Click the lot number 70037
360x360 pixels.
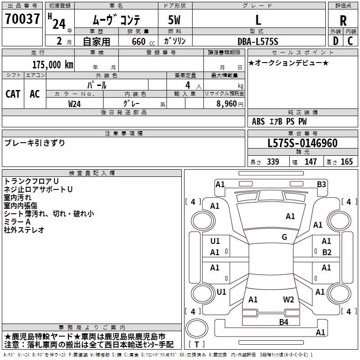pos(22,19)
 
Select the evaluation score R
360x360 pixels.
pos(343,20)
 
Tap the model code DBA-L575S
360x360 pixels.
pos(258,41)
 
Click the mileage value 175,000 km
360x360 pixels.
pos(53,64)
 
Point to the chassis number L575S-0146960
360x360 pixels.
pos(302,143)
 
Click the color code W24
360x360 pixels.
pos(75,103)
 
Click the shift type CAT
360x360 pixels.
pos(13,94)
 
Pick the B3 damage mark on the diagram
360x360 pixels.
pos(321,184)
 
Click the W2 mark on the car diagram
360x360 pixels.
pos(288,299)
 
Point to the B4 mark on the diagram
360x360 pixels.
pos(283,322)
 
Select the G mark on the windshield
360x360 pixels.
pos(284,237)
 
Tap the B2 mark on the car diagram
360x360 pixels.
pos(327,252)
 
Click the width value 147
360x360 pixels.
pos(310,162)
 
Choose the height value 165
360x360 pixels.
pos(346,162)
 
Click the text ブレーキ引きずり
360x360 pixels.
pos(35,143)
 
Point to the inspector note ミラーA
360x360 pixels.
pos(18,222)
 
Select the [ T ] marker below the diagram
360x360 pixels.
pos(197,345)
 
